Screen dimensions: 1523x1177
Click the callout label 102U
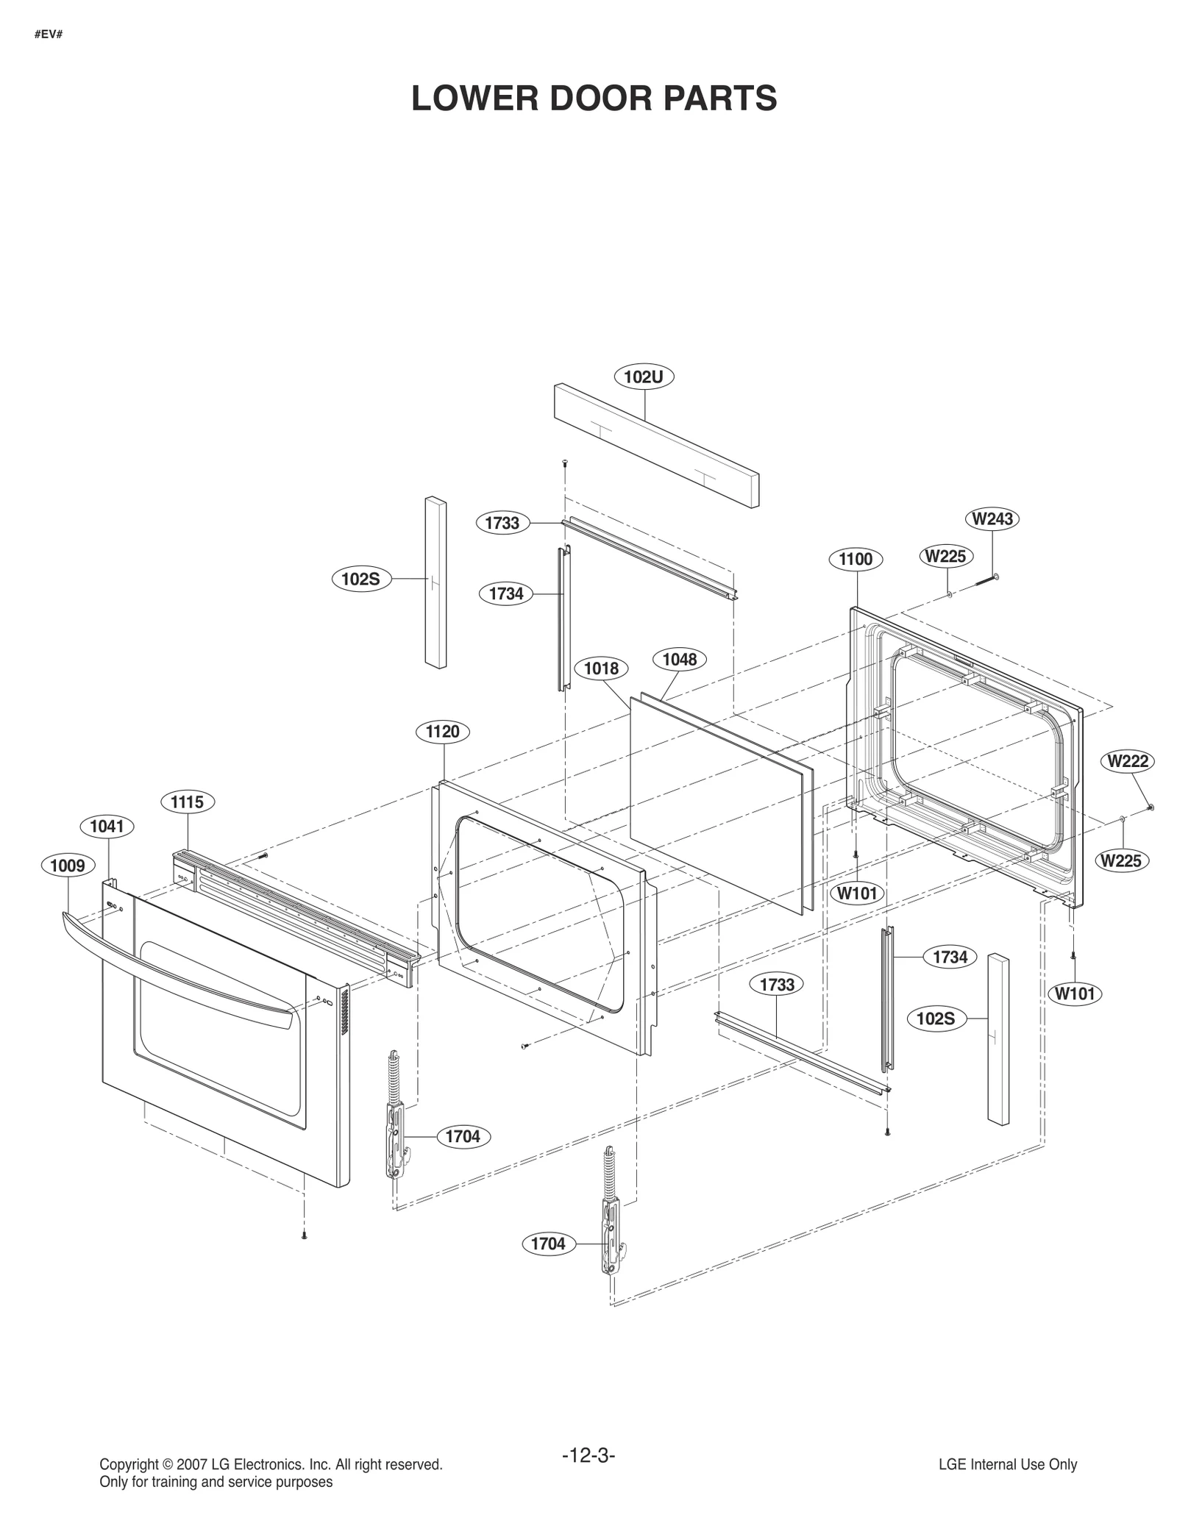tap(644, 377)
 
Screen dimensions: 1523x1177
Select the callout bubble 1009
tap(68, 865)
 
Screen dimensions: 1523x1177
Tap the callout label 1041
tap(107, 826)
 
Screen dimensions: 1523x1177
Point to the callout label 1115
tap(187, 801)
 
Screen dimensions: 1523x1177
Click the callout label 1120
tap(442, 731)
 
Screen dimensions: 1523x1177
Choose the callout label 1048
tap(679, 659)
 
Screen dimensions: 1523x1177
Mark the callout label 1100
tap(856, 559)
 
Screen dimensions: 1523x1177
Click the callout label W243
tap(992, 518)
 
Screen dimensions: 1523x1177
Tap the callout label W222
tap(1127, 760)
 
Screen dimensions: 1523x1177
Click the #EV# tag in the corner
tap(48, 35)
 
